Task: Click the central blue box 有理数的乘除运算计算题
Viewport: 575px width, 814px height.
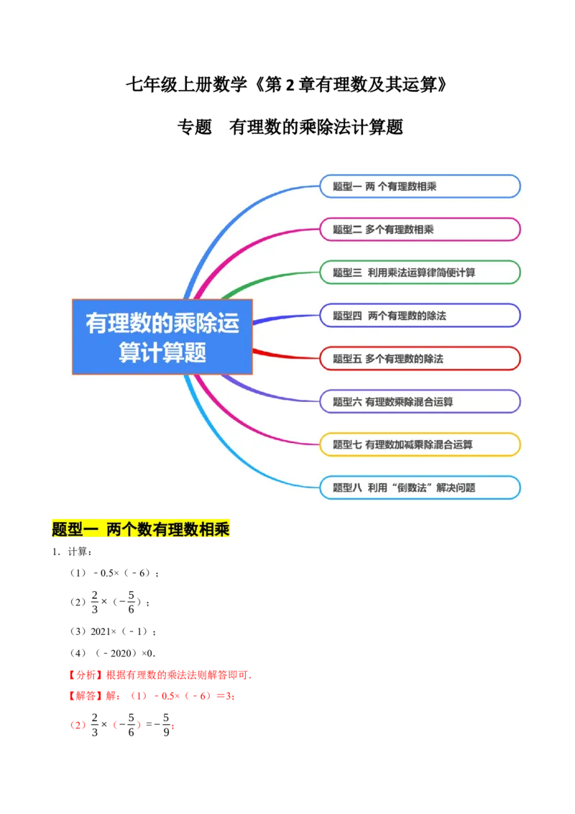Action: click(162, 337)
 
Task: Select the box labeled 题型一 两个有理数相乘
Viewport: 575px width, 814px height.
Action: click(420, 186)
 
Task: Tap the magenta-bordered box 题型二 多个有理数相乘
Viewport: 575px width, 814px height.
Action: click(420, 229)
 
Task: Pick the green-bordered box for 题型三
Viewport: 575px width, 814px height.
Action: click(420, 273)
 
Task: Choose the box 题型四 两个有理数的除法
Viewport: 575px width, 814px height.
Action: click(420, 315)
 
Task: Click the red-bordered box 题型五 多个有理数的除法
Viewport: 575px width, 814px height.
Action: click(420, 358)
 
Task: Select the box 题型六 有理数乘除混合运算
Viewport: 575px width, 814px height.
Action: click(420, 401)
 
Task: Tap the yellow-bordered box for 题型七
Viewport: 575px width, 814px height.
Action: click(420, 444)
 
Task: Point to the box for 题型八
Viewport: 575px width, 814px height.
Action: click(420, 488)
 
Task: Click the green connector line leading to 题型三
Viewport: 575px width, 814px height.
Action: click(273, 275)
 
